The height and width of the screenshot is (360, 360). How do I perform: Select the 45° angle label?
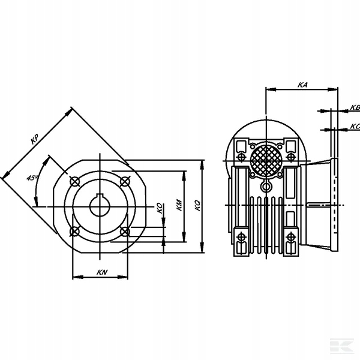coord(32,178)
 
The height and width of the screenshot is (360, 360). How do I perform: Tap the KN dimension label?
coord(102,272)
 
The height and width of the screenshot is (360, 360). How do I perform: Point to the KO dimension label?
coord(160,208)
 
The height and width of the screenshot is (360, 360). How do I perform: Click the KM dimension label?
coord(179,205)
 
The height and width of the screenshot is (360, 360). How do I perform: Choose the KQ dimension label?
coord(197,206)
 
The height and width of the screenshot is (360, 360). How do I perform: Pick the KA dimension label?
coord(302,85)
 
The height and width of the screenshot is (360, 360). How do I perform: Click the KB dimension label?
coord(355,107)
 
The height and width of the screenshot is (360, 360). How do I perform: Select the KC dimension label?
coord(355,126)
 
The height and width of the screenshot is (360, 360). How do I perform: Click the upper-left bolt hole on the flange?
coord(75,182)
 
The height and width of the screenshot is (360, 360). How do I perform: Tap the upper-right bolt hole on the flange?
coord(125,182)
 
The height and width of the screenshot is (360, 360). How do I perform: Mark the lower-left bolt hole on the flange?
coord(75,232)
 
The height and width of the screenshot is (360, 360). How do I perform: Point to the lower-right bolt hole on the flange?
coord(125,232)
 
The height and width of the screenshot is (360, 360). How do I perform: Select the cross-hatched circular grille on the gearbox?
coord(266,160)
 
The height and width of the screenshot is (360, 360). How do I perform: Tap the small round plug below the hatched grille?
coord(266,187)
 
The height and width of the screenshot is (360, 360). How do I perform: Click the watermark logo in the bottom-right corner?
coord(342,345)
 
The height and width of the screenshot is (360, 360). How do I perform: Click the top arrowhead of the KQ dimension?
coord(202,165)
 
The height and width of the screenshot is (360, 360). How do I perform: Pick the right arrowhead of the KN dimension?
coord(123,277)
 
